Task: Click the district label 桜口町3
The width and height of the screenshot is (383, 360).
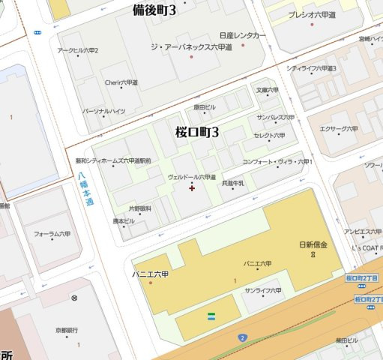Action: pyautogui.click(x=197, y=132)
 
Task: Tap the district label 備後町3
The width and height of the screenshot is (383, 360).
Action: pyautogui.click(x=154, y=10)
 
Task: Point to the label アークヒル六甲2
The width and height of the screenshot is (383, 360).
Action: pyautogui.click(x=78, y=50)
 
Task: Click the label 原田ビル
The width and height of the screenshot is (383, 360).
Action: pyautogui.click(x=204, y=107)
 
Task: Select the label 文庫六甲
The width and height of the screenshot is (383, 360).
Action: pyautogui.click(x=268, y=91)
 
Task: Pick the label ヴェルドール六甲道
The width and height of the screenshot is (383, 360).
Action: pyautogui.click(x=196, y=176)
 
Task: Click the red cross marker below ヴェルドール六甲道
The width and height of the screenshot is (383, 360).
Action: pyautogui.click(x=193, y=188)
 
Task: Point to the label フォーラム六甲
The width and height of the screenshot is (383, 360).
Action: pyautogui.click(x=52, y=234)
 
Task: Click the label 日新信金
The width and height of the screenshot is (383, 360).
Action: pyautogui.click(x=313, y=245)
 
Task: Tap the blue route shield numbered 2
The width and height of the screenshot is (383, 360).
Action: pyautogui.click(x=243, y=339)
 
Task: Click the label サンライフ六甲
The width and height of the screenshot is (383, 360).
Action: pyautogui.click(x=262, y=290)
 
